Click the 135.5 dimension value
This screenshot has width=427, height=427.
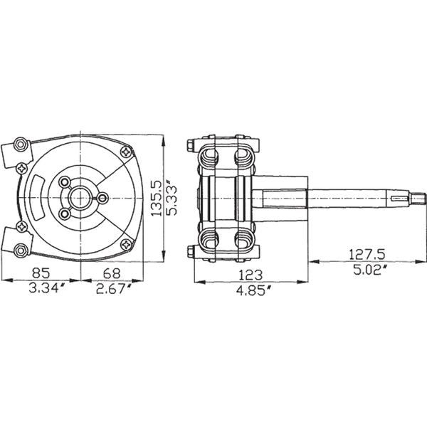(156, 199)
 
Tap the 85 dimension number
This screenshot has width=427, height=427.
(41, 273)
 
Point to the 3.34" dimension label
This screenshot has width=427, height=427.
(48, 288)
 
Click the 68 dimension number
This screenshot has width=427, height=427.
(112, 273)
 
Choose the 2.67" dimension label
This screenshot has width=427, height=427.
(114, 288)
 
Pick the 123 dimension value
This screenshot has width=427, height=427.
(251, 275)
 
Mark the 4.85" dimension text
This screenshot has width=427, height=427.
(254, 290)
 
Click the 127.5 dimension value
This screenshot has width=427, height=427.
(367, 255)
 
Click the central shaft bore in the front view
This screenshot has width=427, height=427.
(80, 198)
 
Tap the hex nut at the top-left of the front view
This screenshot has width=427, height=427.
(21, 144)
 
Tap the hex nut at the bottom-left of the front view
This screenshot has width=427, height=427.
(21, 250)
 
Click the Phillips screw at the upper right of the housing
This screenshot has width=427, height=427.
(127, 152)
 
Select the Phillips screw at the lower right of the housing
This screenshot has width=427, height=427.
(127, 244)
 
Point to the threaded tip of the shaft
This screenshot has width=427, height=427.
(418, 198)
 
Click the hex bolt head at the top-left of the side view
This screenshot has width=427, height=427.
(191, 144)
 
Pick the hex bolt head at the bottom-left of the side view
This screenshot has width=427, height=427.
(191, 251)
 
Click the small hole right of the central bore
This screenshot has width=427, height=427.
(102, 198)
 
